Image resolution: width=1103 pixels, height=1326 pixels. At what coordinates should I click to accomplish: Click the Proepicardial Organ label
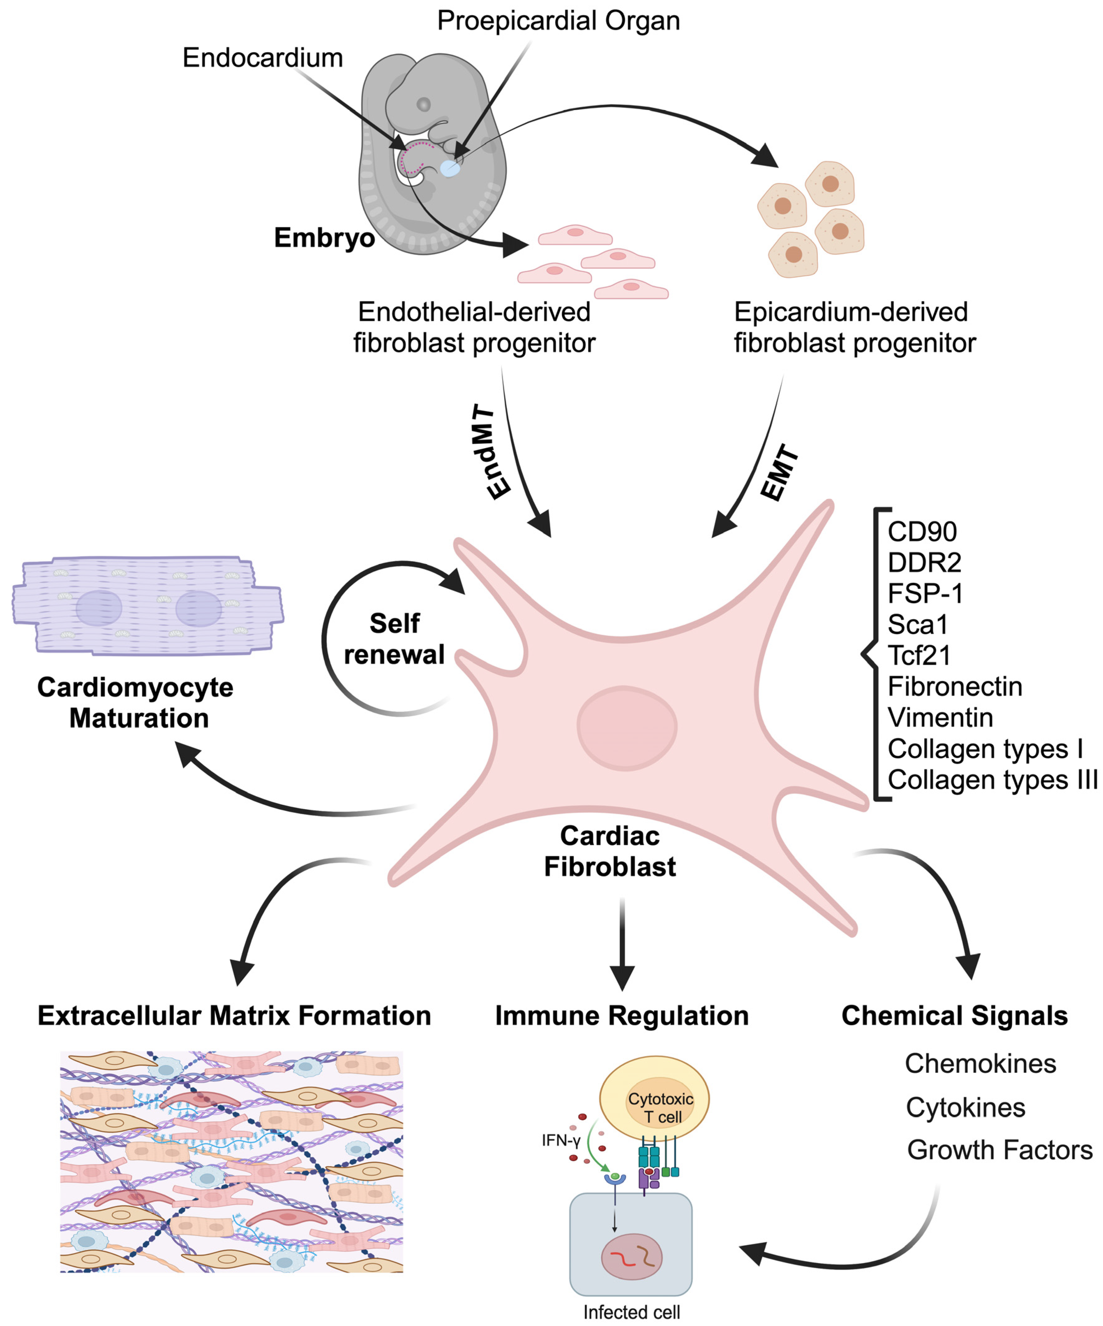(x=558, y=21)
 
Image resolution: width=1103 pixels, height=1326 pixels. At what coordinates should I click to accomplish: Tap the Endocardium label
(x=263, y=58)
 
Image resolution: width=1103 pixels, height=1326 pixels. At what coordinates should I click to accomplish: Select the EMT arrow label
(x=780, y=472)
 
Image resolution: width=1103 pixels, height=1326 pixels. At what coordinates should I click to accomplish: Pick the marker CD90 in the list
(x=922, y=532)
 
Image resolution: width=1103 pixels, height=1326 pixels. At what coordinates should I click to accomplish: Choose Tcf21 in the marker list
(x=919, y=656)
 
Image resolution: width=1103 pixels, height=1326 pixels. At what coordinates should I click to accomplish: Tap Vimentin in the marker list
(x=940, y=717)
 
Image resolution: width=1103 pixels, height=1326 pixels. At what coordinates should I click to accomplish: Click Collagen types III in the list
(x=993, y=780)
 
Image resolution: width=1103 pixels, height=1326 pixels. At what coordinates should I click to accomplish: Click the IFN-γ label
(x=561, y=1140)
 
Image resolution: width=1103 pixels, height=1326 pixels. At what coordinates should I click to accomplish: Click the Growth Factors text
(x=999, y=1150)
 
